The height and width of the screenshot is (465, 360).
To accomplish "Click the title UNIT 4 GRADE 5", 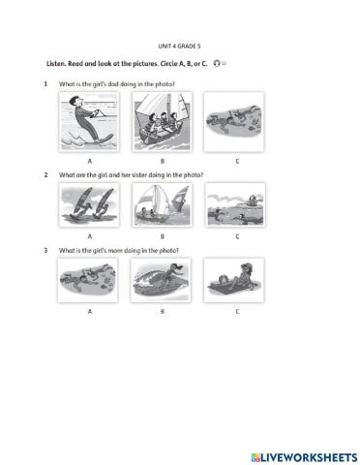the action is [179, 46].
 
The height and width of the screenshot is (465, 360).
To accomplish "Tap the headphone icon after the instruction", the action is [217, 63].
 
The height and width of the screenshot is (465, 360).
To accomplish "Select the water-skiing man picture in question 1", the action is [89, 122].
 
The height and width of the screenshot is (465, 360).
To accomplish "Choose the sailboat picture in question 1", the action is [162, 122].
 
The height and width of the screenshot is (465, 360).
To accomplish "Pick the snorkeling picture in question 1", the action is [234, 122].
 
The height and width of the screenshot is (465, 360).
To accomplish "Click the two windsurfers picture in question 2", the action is [89, 205].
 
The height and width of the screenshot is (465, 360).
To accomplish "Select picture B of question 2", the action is [162, 205].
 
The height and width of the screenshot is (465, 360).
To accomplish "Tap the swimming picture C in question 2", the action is [235, 205].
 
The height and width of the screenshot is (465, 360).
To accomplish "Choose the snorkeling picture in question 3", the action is [87, 280].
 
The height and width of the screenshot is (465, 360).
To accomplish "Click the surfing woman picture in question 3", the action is [161, 280].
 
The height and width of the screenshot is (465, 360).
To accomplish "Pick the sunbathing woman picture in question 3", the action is [234, 280].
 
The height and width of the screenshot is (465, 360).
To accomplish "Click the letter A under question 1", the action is [90, 161].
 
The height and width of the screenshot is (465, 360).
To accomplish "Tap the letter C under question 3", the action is [237, 312].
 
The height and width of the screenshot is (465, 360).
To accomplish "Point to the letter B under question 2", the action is [163, 236].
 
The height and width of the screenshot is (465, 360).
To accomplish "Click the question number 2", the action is [45, 175].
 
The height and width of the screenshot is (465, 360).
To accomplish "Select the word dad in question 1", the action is [113, 84].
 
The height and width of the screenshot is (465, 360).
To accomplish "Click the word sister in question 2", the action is [139, 175].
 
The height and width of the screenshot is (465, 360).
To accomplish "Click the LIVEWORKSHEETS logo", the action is [304, 457].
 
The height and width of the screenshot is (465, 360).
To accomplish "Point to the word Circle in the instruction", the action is [167, 64].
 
